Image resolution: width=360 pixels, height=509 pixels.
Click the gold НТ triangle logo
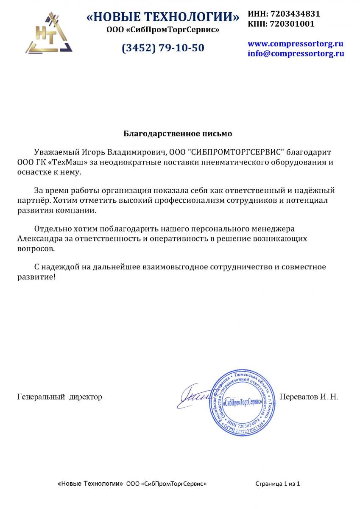click(x=47, y=33)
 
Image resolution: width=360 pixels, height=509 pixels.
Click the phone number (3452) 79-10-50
click(x=163, y=48)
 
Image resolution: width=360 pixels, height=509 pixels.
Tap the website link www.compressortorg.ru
click(x=295, y=44)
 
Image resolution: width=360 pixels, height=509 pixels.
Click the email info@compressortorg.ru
click(x=296, y=54)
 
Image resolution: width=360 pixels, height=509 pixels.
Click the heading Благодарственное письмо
click(x=178, y=134)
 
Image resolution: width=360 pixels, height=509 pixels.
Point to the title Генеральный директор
click(x=60, y=397)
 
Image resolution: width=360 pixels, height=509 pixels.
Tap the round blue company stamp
click(x=240, y=400)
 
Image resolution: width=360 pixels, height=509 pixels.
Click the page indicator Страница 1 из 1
click(x=278, y=484)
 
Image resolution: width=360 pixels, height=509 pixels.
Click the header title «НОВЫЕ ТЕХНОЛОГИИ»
click(x=163, y=17)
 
